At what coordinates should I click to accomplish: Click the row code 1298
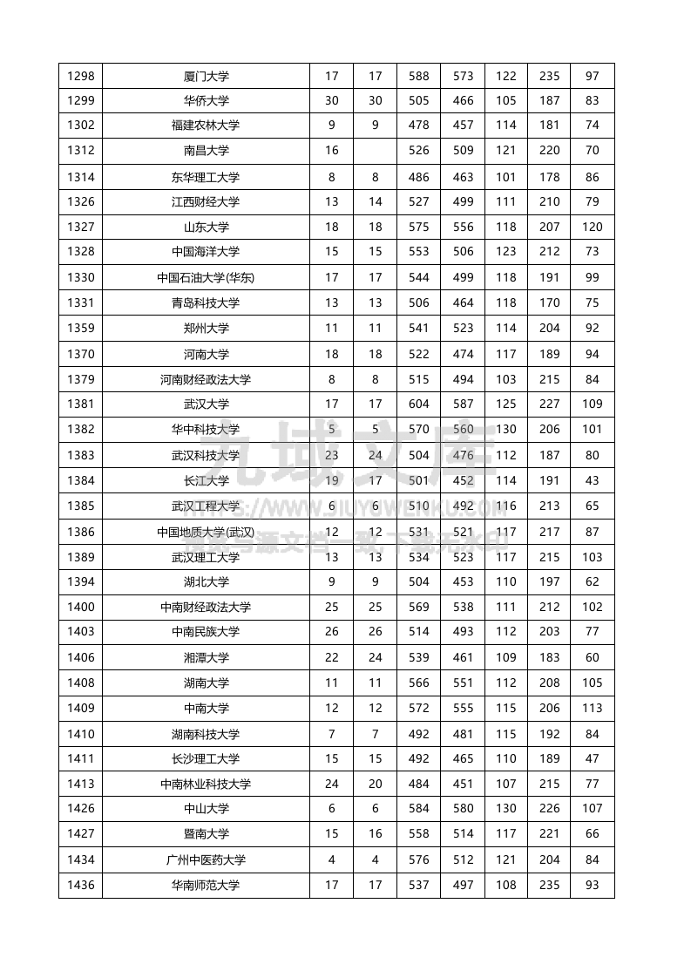pyautogui.click(x=80, y=76)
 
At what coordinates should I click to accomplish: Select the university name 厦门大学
pyautogui.click(x=206, y=76)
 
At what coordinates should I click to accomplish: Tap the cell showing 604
pyautogui.click(x=419, y=404)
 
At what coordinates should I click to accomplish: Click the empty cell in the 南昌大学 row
pyautogui.click(x=375, y=151)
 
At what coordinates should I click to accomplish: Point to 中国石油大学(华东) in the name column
pyautogui.click(x=206, y=278)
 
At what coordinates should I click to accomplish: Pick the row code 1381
pyautogui.click(x=80, y=404)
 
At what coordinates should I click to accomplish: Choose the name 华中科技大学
pyautogui.click(x=206, y=430)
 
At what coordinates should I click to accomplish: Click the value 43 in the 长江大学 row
pyautogui.click(x=593, y=480)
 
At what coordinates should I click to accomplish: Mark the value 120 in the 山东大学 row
pyautogui.click(x=593, y=228)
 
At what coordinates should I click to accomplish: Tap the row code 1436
pyautogui.click(x=80, y=886)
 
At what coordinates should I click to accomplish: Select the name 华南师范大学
pyautogui.click(x=206, y=886)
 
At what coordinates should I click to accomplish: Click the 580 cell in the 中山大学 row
pyautogui.click(x=463, y=808)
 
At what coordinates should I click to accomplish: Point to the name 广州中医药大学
pyautogui.click(x=206, y=860)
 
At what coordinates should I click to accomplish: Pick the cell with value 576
pyautogui.click(x=419, y=860)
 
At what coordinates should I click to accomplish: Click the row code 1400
pyautogui.click(x=80, y=608)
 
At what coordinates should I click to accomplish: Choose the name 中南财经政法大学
pyautogui.click(x=206, y=608)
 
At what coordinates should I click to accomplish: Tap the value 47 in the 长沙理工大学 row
pyautogui.click(x=593, y=759)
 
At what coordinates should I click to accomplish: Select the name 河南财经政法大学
pyautogui.click(x=206, y=380)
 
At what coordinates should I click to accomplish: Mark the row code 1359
pyautogui.click(x=80, y=329)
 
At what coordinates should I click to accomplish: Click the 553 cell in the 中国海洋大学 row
pyautogui.click(x=419, y=252)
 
